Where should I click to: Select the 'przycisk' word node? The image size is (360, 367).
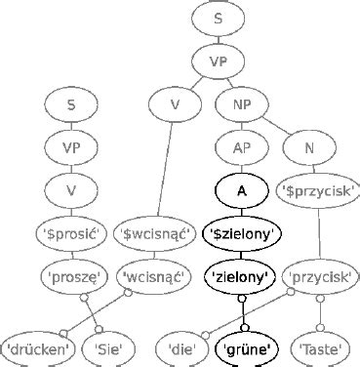point(322,276)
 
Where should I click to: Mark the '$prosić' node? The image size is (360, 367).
point(70,233)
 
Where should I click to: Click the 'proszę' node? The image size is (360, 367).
point(70,276)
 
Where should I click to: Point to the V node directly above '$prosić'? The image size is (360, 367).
point(70,190)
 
